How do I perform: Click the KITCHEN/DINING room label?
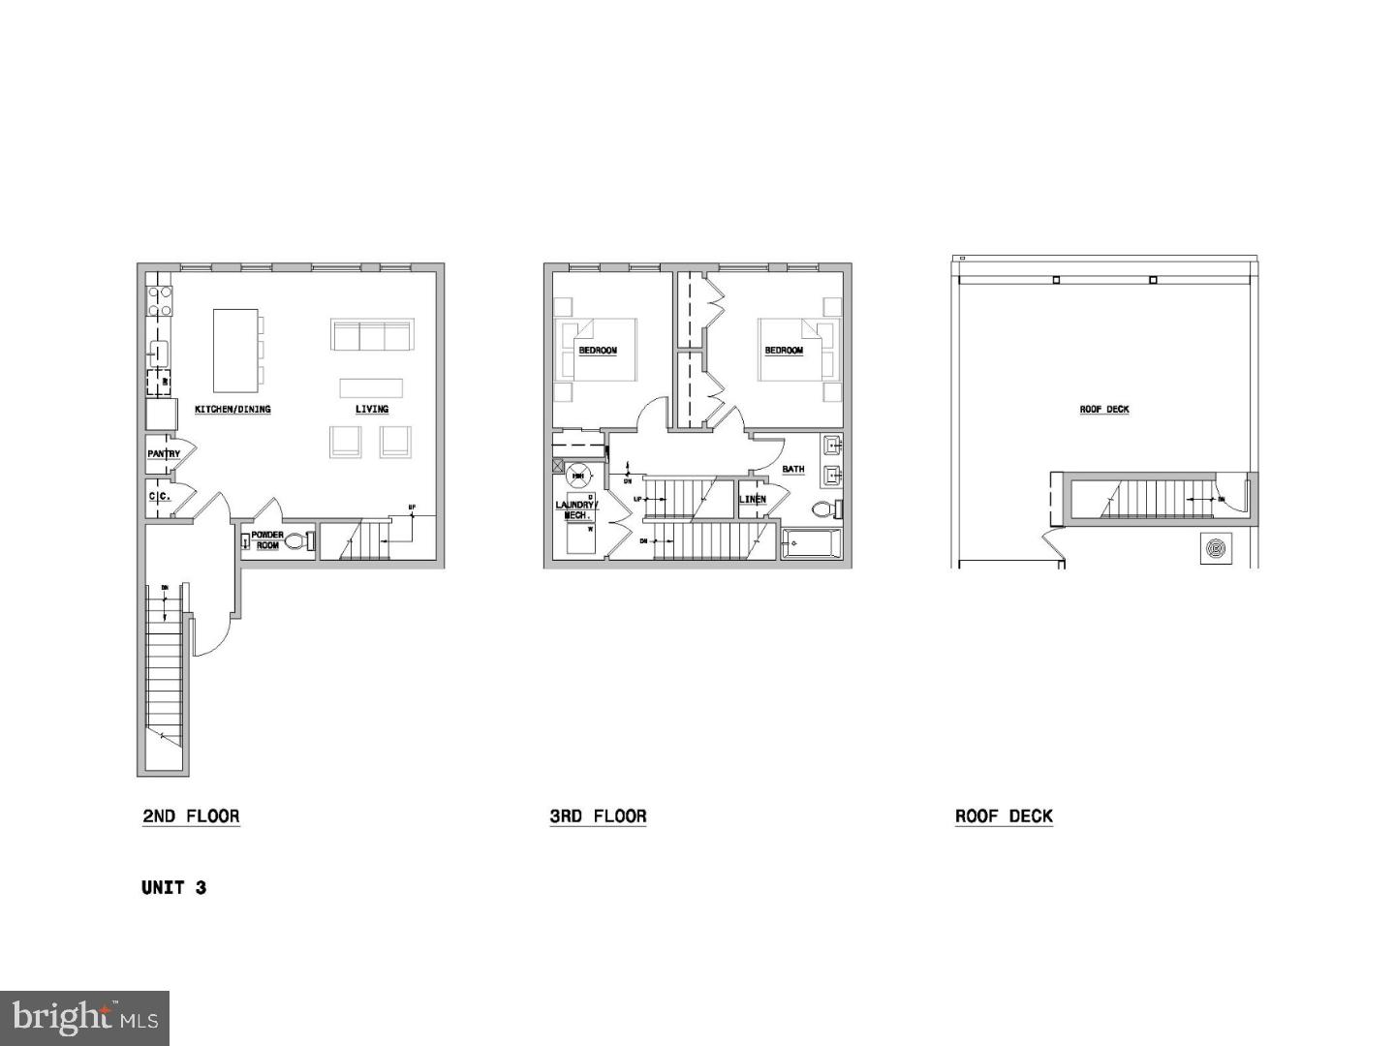(x=232, y=410)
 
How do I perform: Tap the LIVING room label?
(x=372, y=410)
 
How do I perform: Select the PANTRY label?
(x=164, y=454)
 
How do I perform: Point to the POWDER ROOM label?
(x=267, y=540)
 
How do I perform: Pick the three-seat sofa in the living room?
(x=371, y=335)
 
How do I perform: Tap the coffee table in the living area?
(x=371, y=387)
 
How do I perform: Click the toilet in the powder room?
(x=298, y=541)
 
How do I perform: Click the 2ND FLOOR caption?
(x=191, y=816)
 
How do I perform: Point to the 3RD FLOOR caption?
(x=598, y=816)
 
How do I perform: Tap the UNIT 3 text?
(x=173, y=887)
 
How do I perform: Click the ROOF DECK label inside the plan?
(x=1104, y=410)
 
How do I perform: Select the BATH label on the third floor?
(x=793, y=470)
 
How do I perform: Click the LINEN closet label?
(x=753, y=500)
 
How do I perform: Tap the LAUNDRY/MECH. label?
(x=577, y=509)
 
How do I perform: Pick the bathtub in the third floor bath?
(x=812, y=545)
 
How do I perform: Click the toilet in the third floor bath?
(x=824, y=509)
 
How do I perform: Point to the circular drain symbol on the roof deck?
(x=1216, y=548)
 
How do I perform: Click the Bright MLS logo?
(x=84, y=1017)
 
